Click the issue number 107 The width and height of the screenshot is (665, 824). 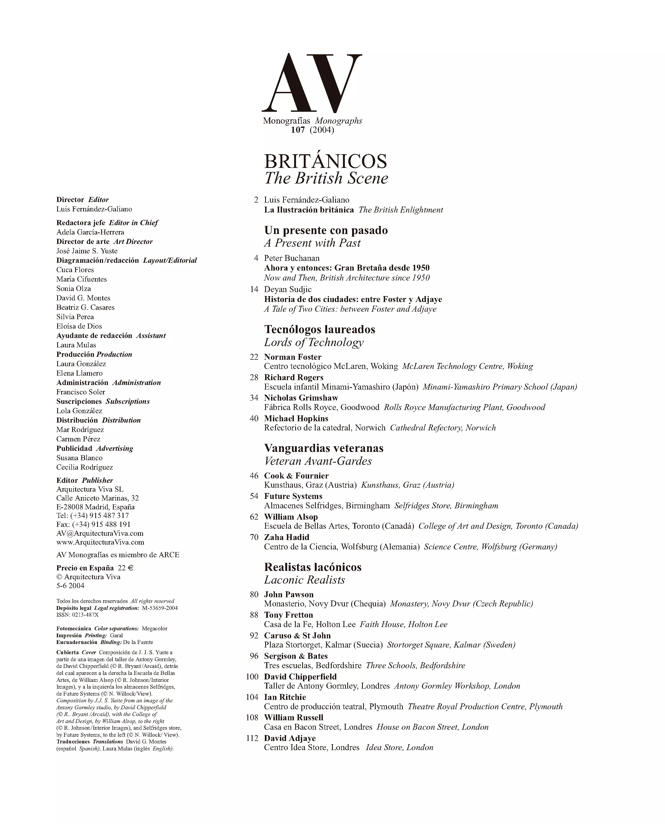[x=298, y=130]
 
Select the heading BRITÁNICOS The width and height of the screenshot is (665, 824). [x=325, y=161]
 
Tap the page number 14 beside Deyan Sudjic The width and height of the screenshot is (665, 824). [x=254, y=290]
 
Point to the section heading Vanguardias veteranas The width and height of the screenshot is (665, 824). [x=324, y=448]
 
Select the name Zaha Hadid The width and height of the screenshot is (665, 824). [x=287, y=537]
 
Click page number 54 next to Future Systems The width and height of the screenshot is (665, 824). [x=254, y=496]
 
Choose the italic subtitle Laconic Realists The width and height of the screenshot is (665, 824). [x=305, y=580]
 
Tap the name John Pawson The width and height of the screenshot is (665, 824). [x=288, y=594]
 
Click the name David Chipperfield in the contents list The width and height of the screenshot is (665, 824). [x=300, y=677]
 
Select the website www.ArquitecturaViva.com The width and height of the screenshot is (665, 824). [x=100, y=542]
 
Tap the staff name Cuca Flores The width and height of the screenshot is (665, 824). [x=75, y=269]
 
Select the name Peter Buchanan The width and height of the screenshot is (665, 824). [x=291, y=258]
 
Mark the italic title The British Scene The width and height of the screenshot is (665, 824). [x=326, y=178]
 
